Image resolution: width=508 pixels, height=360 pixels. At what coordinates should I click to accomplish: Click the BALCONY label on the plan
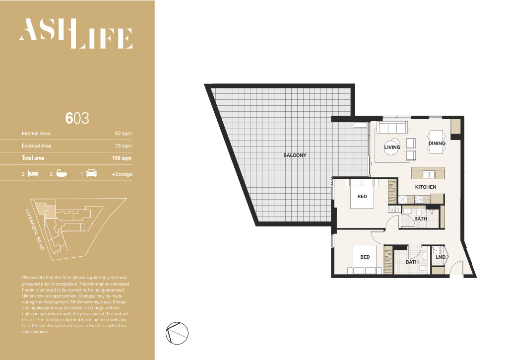[x=295, y=155]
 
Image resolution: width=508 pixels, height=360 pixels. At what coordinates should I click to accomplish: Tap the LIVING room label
[x=392, y=147]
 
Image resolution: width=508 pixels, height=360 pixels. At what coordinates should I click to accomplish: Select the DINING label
[x=437, y=144]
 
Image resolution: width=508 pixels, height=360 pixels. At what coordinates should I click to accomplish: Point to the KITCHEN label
[x=426, y=187]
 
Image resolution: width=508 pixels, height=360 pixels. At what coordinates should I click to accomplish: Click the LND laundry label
[x=441, y=257]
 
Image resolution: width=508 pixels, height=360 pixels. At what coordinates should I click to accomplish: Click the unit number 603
[x=77, y=118]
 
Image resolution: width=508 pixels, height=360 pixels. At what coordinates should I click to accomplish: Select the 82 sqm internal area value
[x=124, y=133]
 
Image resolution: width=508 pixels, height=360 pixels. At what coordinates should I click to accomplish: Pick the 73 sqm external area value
[x=124, y=146]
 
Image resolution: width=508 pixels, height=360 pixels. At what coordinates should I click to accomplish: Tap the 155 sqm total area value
[x=122, y=158]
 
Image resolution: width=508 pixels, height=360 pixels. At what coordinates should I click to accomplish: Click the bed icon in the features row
[x=33, y=173]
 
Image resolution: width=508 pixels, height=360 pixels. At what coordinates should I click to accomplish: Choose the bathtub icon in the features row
[x=62, y=173]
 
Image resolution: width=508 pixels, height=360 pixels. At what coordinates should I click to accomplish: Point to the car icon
[x=91, y=173]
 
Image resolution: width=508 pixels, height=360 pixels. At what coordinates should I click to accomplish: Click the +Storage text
[x=122, y=174]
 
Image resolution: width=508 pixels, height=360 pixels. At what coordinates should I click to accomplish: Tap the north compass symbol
[x=177, y=333]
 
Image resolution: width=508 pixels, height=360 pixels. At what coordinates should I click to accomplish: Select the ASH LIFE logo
[x=76, y=33]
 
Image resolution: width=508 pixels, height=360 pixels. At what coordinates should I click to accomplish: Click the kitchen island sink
[x=429, y=174]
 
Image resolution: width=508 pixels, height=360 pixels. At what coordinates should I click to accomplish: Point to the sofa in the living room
[x=392, y=128]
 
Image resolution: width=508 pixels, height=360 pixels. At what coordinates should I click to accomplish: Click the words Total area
[x=33, y=158]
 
